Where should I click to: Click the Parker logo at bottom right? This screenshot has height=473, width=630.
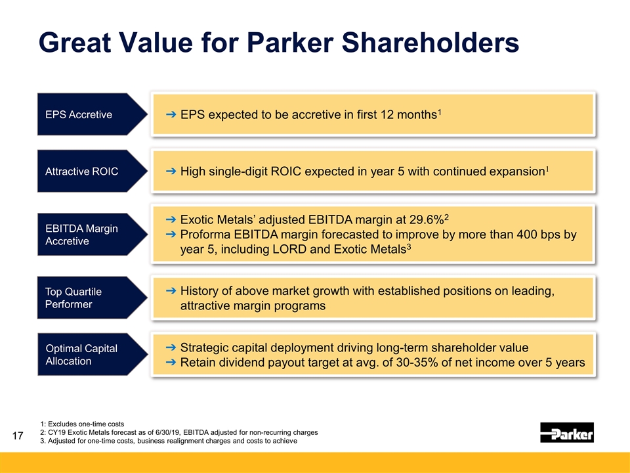[566, 432]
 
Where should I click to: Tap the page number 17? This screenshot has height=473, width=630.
[18, 436]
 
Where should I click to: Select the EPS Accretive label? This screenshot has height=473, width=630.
[79, 115]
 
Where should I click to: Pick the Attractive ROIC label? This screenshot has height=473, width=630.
[82, 171]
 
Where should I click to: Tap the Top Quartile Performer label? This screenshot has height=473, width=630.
[73, 298]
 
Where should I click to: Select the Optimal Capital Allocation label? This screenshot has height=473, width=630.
[81, 355]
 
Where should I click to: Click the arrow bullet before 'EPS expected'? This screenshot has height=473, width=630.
[171, 115]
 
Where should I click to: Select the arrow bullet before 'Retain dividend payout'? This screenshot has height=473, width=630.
[171, 363]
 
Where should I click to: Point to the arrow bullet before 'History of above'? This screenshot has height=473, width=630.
[171, 291]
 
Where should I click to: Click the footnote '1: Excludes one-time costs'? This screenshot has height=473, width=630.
[82, 424]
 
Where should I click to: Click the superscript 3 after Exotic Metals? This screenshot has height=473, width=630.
[409, 246]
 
